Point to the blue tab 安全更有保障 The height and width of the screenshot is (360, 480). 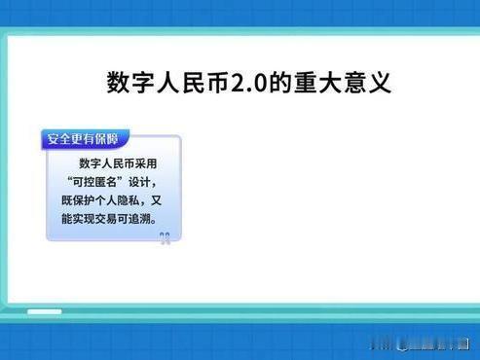pos(85,140)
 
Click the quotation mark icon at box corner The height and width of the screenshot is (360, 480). pos(166,238)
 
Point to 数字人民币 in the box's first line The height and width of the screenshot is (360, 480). pos(101,163)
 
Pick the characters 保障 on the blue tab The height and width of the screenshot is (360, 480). pos(110,140)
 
